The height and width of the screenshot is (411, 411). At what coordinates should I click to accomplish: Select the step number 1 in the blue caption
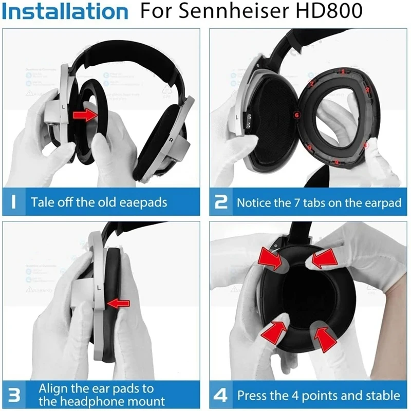point(16,201)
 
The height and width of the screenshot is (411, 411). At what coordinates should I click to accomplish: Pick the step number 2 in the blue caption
point(220,201)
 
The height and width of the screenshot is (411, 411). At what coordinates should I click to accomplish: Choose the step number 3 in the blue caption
point(16,395)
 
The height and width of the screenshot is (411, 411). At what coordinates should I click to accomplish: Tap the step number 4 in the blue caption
point(220,395)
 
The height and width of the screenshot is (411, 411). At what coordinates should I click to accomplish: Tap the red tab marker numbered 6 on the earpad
point(296,115)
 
